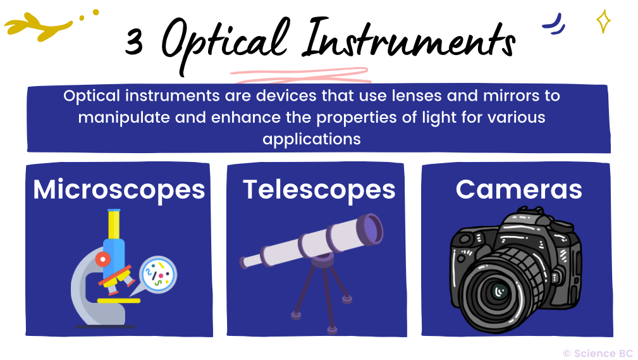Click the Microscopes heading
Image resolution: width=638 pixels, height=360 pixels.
pyautogui.click(x=119, y=190)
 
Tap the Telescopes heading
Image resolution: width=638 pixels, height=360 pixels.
pyautogui.click(x=319, y=190)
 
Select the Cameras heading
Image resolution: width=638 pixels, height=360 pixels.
pyautogui.click(x=518, y=189)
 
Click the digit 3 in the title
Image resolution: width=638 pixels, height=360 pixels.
pyautogui.click(x=134, y=42)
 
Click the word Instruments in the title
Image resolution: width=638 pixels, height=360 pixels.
pyautogui.click(x=408, y=39)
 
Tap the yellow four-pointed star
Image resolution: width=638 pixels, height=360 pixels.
pyautogui.click(x=603, y=21)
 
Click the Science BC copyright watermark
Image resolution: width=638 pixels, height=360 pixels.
pyautogui.click(x=598, y=353)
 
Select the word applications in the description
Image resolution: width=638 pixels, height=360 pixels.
pyautogui.click(x=312, y=139)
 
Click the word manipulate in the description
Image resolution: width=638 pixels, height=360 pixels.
pyautogui.click(x=124, y=118)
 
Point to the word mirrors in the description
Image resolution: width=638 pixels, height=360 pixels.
pyautogui.click(x=511, y=96)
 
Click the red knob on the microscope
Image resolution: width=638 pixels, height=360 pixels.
pyautogui.click(x=103, y=259)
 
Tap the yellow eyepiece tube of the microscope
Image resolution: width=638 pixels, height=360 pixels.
pyautogui.click(x=114, y=225)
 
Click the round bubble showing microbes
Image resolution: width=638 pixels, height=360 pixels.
pyautogui.click(x=158, y=275)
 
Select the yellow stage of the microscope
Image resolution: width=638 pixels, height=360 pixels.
pyautogui.click(x=118, y=301)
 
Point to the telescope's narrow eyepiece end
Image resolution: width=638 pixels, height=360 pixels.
pyautogui.click(x=246, y=262)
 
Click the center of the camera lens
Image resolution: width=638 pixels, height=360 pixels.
pyautogui.click(x=500, y=291)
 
